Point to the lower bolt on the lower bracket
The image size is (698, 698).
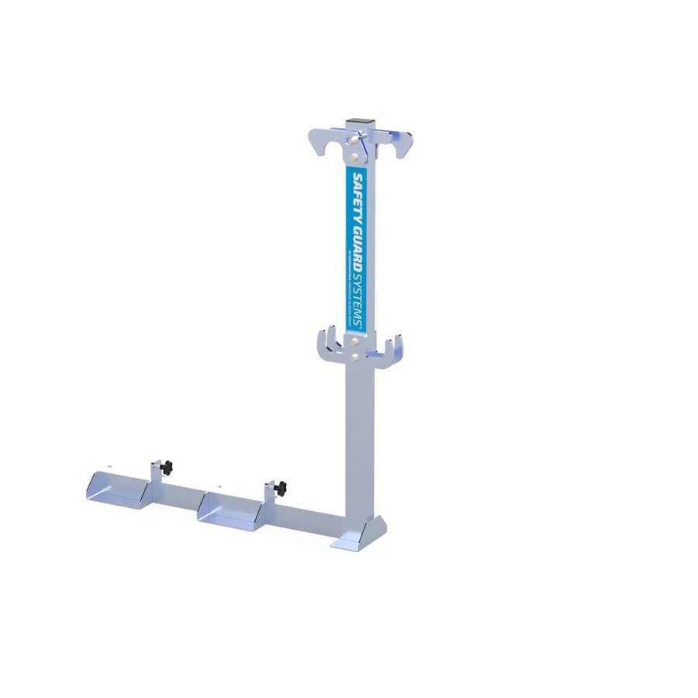tap(354, 358)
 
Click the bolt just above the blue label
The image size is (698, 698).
tap(355, 156)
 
